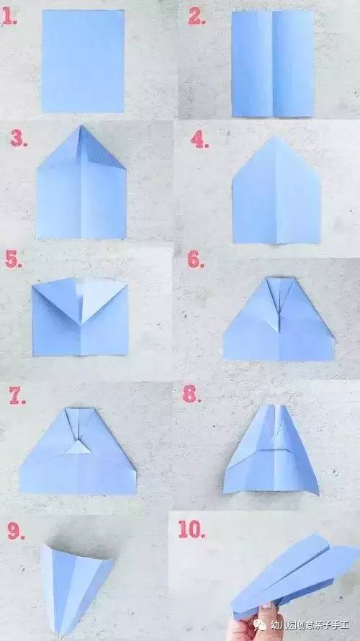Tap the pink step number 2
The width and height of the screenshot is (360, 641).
pyautogui.click(x=196, y=17)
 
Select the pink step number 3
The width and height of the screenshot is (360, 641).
pyautogui.click(x=19, y=139)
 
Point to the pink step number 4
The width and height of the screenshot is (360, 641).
pyautogui.click(x=199, y=140)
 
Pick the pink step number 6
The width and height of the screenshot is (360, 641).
pyautogui.click(x=196, y=259)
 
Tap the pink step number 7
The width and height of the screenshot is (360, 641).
pyautogui.click(x=17, y=395)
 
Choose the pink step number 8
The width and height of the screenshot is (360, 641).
pyautogui.click(x=192, y=395)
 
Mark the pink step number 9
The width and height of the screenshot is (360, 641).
pyautogui.click(x=16, y=531)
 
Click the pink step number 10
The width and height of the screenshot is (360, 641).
pyautogui.click(x=192, y=529)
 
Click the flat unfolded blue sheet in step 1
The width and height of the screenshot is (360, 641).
pyautogui.click(x=84, y=61)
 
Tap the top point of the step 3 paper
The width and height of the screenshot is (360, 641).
pyautogui.click(x=81, y=126)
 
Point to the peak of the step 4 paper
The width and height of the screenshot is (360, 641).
pyautogui.click(x=277, y=136)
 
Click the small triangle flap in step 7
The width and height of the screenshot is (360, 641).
pyautogui.click(x=78, y=448)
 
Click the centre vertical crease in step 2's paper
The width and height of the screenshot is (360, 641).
pyautogui.click(x=273, y=63)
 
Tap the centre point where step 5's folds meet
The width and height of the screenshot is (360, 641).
pyautogui.click(x=81, y=325)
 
